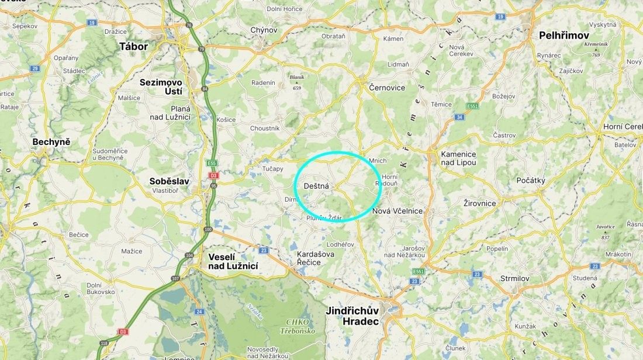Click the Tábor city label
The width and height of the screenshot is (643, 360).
[133, 46]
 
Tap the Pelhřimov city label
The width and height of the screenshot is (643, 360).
[564, 36]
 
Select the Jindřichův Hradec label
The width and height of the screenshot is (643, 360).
[352, 316]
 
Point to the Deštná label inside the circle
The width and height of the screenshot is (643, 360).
[317, 186]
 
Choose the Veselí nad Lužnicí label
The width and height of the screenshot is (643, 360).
[233, 261]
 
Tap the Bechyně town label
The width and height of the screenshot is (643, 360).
[51, 142]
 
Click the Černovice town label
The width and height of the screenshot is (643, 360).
[387, 87]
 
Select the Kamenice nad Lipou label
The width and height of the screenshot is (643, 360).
[459, 158]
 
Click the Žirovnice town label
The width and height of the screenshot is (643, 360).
[479, 203]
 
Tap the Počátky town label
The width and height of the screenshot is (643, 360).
[531, 181]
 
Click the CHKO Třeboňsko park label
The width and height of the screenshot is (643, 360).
[302, 326]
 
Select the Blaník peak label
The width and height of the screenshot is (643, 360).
[297, 77]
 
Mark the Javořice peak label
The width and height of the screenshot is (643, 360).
[606, 227]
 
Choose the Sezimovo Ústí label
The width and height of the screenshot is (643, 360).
[161, 86]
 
